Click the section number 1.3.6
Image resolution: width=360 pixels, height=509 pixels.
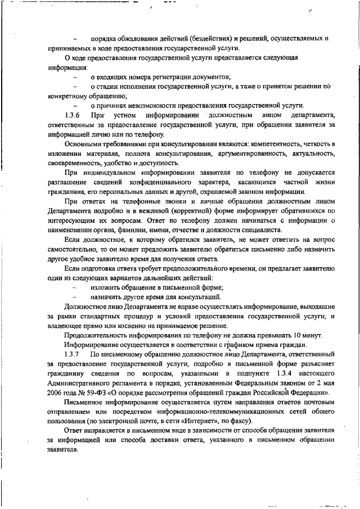point(73,115)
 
